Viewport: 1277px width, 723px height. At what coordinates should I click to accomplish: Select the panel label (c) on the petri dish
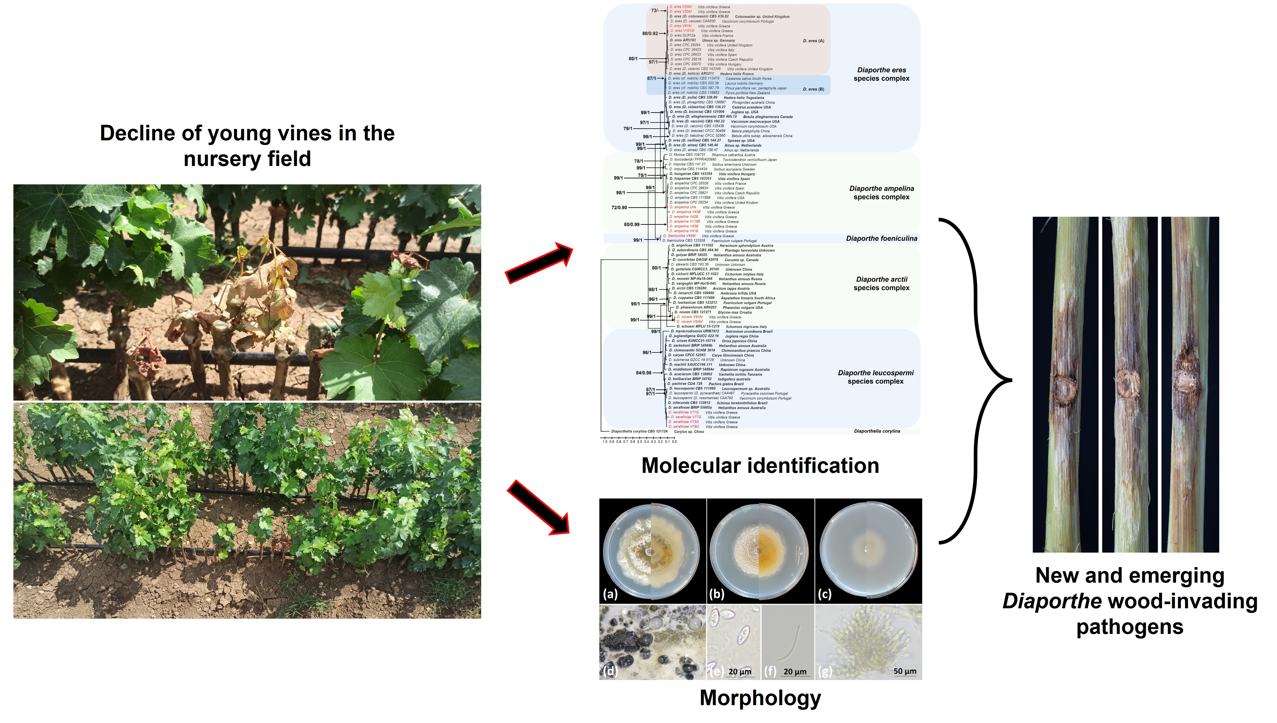tap(824, 594)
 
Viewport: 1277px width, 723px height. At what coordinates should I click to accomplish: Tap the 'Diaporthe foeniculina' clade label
tap(881, 238)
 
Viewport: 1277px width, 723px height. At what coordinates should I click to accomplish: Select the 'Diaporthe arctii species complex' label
tap(881, 284)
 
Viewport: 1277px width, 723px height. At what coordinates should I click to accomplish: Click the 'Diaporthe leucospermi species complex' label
tap(875, 377)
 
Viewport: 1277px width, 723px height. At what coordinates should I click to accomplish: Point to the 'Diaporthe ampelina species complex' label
tap(881, 193)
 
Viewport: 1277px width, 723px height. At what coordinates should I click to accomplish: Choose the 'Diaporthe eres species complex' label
tap(881, 74)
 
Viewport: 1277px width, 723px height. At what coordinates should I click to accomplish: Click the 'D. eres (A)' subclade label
tap(813, 41)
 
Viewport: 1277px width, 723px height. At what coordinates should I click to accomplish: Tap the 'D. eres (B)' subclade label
tap(813, 89)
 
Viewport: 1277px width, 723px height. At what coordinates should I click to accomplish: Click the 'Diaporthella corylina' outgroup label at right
tap(877, 431)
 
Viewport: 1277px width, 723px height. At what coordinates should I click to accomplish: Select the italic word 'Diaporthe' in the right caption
tap(1052, 601)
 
